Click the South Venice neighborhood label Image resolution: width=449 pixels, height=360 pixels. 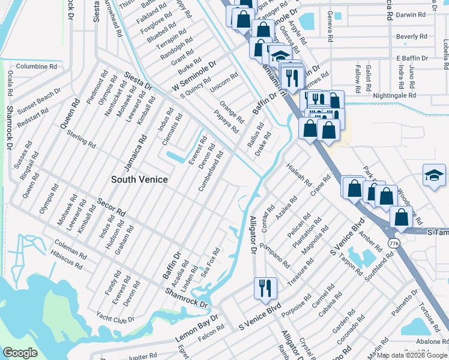[139, 179]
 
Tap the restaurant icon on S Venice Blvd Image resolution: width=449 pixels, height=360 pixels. [264, 287]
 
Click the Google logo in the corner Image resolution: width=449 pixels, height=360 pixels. [20, 353]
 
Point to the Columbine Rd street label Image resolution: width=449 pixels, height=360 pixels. [36, 67]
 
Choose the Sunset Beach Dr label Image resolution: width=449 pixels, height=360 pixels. [40, 102]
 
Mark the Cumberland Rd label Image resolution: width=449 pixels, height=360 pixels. [211, 172]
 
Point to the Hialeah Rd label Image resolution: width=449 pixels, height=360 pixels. [299, 174]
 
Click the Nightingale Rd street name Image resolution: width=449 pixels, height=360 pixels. [394, 95]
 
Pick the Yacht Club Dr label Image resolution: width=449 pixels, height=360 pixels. [115, 316]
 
